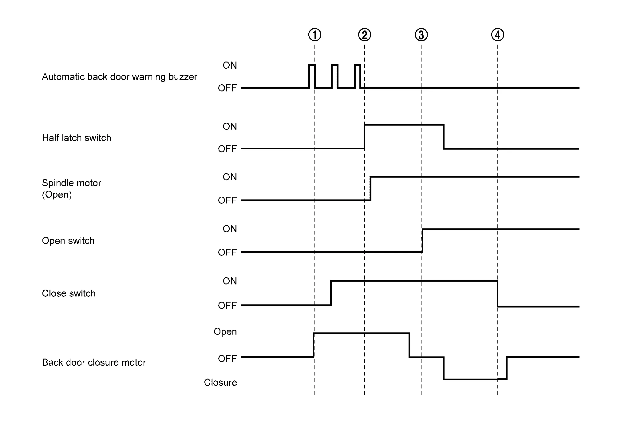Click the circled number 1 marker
point(314,35)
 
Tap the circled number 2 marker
point(364,35)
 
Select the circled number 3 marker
point(421,35)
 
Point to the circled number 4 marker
point(497,35)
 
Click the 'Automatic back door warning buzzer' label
point(119,77)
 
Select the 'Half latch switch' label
point(76,138)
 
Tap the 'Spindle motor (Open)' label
point(71,189)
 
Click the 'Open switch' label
point(68,240)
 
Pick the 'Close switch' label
point(69,293)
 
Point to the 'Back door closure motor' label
point(94,362)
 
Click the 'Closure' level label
point(220,382)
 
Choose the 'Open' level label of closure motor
point(225,332)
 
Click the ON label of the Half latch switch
point(230,126)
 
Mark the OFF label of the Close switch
point(227,305)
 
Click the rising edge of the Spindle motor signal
point(370,188)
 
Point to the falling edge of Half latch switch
point(444,137)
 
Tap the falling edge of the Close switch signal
point(497,294)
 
